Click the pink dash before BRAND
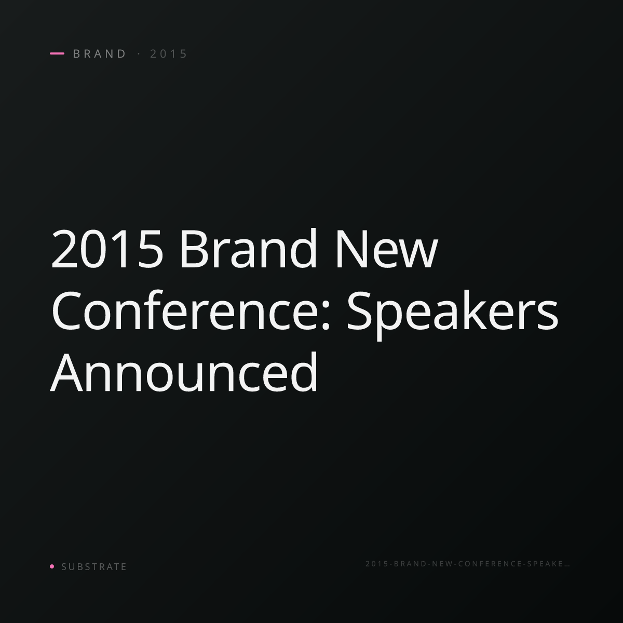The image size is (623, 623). tap(57, 53)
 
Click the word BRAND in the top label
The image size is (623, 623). tap(99, 53)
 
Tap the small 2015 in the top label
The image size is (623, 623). tap(168, 53)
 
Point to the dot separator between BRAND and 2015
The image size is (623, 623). tap(139, 53)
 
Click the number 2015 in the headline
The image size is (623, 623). tap(107, 249)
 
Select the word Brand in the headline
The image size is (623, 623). tap(248, 248)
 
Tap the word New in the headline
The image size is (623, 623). tap(387, 249)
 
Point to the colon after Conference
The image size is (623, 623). tap(326, 315)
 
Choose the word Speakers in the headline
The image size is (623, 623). tap(452, 315)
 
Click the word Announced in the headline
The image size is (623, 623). tap(184, 372)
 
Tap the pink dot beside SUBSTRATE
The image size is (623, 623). tap(52, 566)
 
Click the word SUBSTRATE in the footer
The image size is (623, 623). tap(94, 566)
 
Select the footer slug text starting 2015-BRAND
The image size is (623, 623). tap(468, 563)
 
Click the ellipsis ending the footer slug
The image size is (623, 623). tap(567, 565)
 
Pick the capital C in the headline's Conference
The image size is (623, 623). tap(65, 310)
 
